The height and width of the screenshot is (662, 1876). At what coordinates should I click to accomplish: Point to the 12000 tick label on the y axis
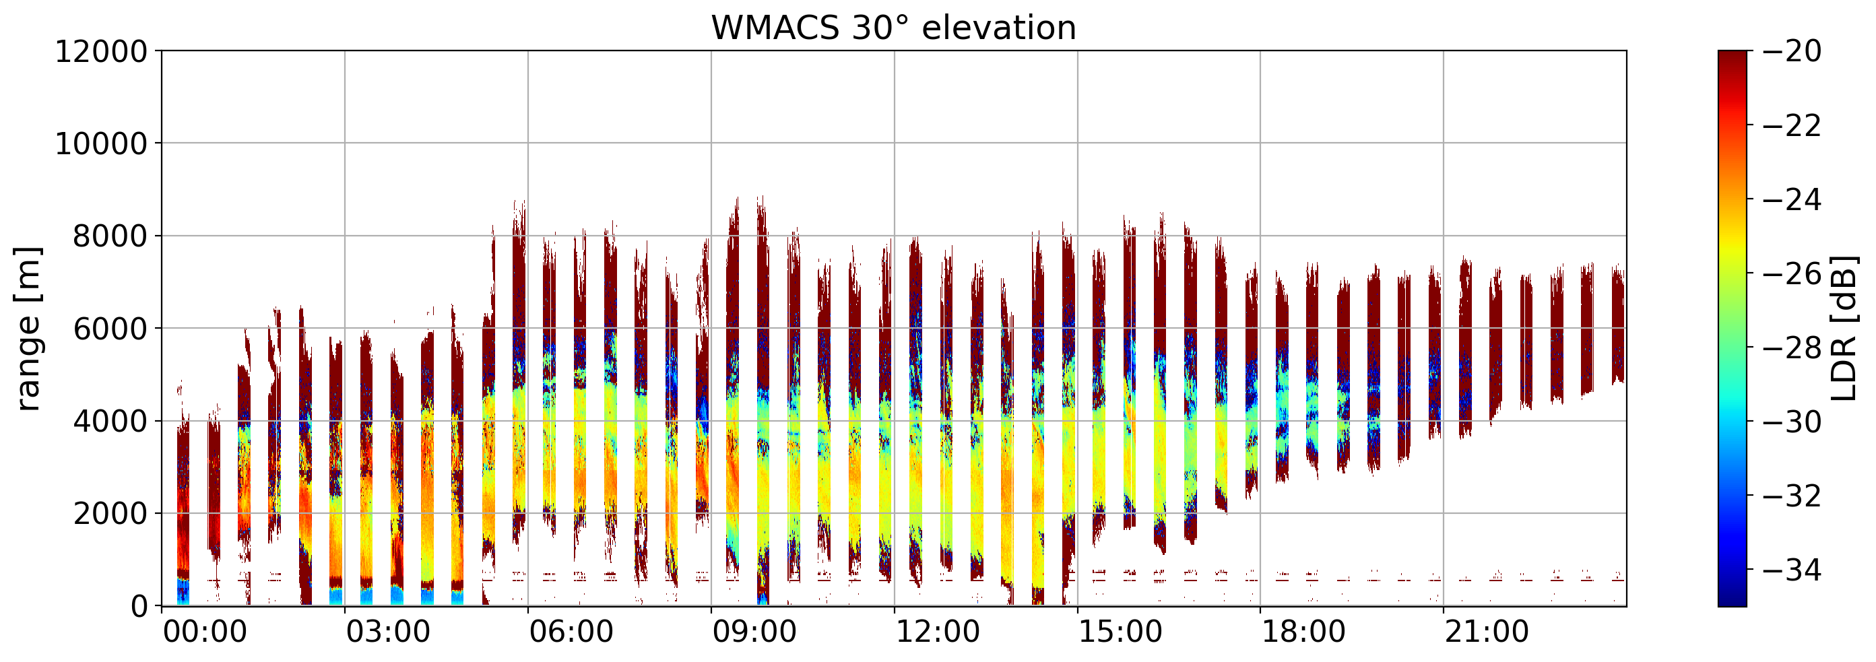coord(101,52)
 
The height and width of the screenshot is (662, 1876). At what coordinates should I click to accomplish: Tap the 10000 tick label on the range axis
coord(101,144)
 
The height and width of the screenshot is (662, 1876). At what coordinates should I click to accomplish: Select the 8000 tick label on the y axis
coord(110,236)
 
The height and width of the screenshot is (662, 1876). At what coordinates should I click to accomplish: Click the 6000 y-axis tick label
coord(110,329)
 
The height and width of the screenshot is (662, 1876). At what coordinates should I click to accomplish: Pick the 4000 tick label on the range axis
coord(110,422)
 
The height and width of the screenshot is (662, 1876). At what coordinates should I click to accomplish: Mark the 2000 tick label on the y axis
coord(110,514)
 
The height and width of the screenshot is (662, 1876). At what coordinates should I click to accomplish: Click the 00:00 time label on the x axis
coord(205,632)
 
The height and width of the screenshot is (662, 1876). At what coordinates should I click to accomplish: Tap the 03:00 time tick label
coord(388,632)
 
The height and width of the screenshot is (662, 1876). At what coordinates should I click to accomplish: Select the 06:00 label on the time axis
coord(571,632)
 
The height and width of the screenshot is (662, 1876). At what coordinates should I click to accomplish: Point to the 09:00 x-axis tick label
coord(754,632)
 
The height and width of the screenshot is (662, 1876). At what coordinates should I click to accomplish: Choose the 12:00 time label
coord(937,632)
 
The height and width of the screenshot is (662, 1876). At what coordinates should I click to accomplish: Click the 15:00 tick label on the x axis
coord(1120,632)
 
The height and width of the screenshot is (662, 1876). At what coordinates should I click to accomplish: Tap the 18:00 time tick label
coord(1303,632)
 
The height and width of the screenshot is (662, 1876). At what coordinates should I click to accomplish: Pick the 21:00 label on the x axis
coord(1487,632)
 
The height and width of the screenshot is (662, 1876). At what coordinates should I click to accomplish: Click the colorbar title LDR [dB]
coord(1843,329)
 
